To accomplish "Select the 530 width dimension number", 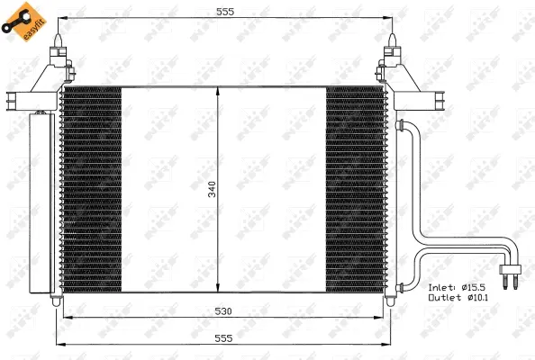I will tap(225, 311).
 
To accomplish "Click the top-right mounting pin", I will tap(394, 45).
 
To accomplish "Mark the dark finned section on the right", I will tap(355, 189).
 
